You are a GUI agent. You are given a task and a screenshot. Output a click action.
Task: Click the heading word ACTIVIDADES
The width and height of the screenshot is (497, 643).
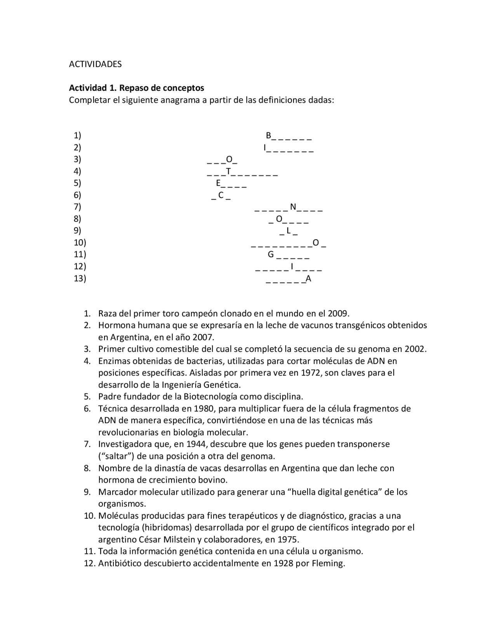pos(95,64)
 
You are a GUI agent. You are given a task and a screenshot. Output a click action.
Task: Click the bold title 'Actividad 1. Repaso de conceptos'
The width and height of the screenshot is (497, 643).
pos(136,88)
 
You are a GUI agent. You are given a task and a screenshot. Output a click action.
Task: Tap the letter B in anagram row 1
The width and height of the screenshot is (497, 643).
pos(268,136)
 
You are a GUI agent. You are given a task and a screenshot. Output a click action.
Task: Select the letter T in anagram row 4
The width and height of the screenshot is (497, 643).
pos(228,171)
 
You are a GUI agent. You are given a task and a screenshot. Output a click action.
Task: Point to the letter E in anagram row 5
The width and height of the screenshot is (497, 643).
pos(218,183)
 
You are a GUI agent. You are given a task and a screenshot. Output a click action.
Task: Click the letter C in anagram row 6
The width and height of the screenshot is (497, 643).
pos(221,195)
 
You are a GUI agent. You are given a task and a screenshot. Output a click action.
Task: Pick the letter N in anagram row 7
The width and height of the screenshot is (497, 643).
pos(293,207)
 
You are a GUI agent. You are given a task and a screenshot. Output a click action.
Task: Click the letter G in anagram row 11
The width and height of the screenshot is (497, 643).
pos(271,255)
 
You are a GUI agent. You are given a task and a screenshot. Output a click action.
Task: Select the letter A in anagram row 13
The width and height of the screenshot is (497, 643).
pos(308,279)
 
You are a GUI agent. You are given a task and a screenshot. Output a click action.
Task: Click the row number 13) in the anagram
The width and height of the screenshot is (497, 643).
pos(80,278)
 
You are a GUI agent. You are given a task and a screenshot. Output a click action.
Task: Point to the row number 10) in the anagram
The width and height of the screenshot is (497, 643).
pos(80,243)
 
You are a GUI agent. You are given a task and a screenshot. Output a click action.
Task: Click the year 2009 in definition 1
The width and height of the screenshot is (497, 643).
pos(338,313)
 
